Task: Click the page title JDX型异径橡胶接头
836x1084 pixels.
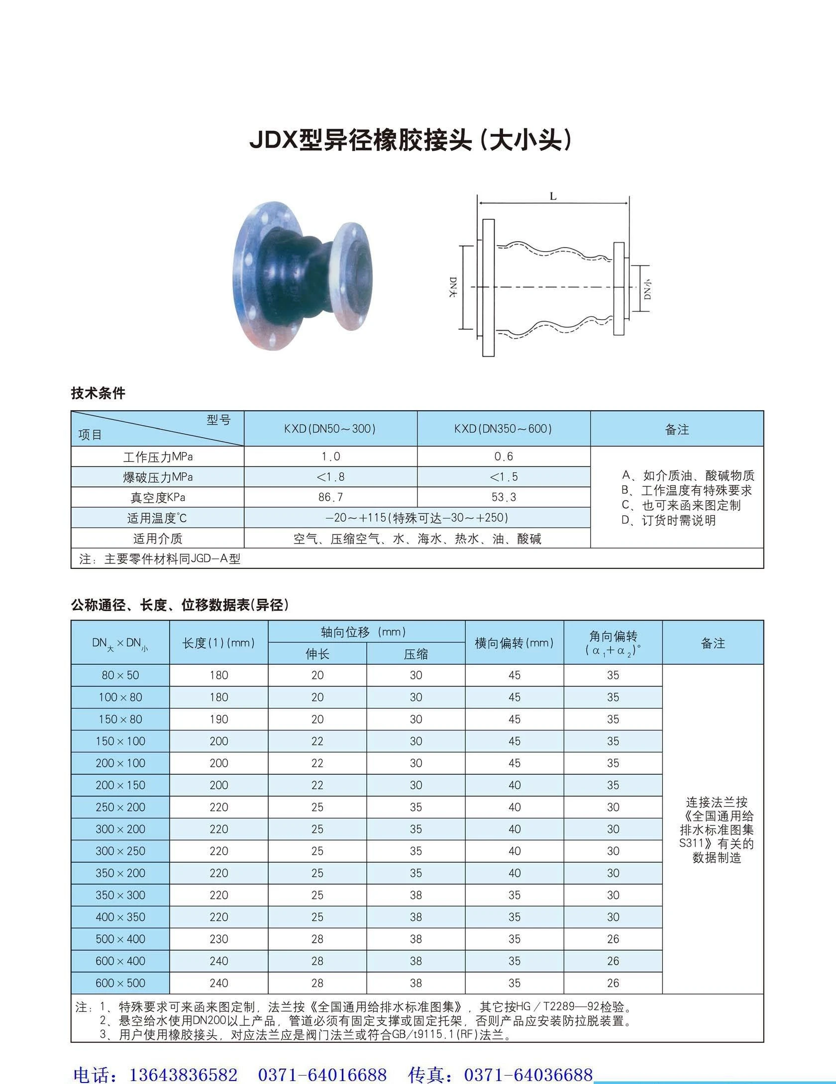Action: (x=411, y=141)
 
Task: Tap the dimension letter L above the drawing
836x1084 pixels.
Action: (x=553, y=196)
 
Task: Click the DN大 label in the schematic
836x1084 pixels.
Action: (x=453, y=287)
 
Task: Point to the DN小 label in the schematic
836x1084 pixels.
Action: (x=647, y=288)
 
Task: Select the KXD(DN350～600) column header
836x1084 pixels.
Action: (x=503, y=429)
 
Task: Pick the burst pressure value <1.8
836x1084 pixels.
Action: (x=330, y=477)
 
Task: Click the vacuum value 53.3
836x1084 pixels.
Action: (x=504, y=497)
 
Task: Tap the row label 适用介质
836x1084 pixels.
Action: (x=157, y=539)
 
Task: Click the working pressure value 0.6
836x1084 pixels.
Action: (x=504, y=456)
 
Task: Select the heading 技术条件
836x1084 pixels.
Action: (x=98, y=393)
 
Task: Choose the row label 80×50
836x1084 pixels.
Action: (x=120, y=675)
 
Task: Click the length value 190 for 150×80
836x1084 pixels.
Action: (x=219, y=720)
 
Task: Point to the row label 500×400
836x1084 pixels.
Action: (x=120, y=939)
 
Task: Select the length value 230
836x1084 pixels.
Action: (x=219, y=939)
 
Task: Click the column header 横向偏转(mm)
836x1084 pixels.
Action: (x=514, y=643)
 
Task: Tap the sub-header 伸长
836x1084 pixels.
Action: (x=317, y=654)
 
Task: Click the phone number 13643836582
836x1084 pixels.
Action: (x=183, y=1075)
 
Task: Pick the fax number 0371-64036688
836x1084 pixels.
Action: (x=528, y=1075)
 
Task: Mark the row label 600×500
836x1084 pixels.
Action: (x=120, y=983)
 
